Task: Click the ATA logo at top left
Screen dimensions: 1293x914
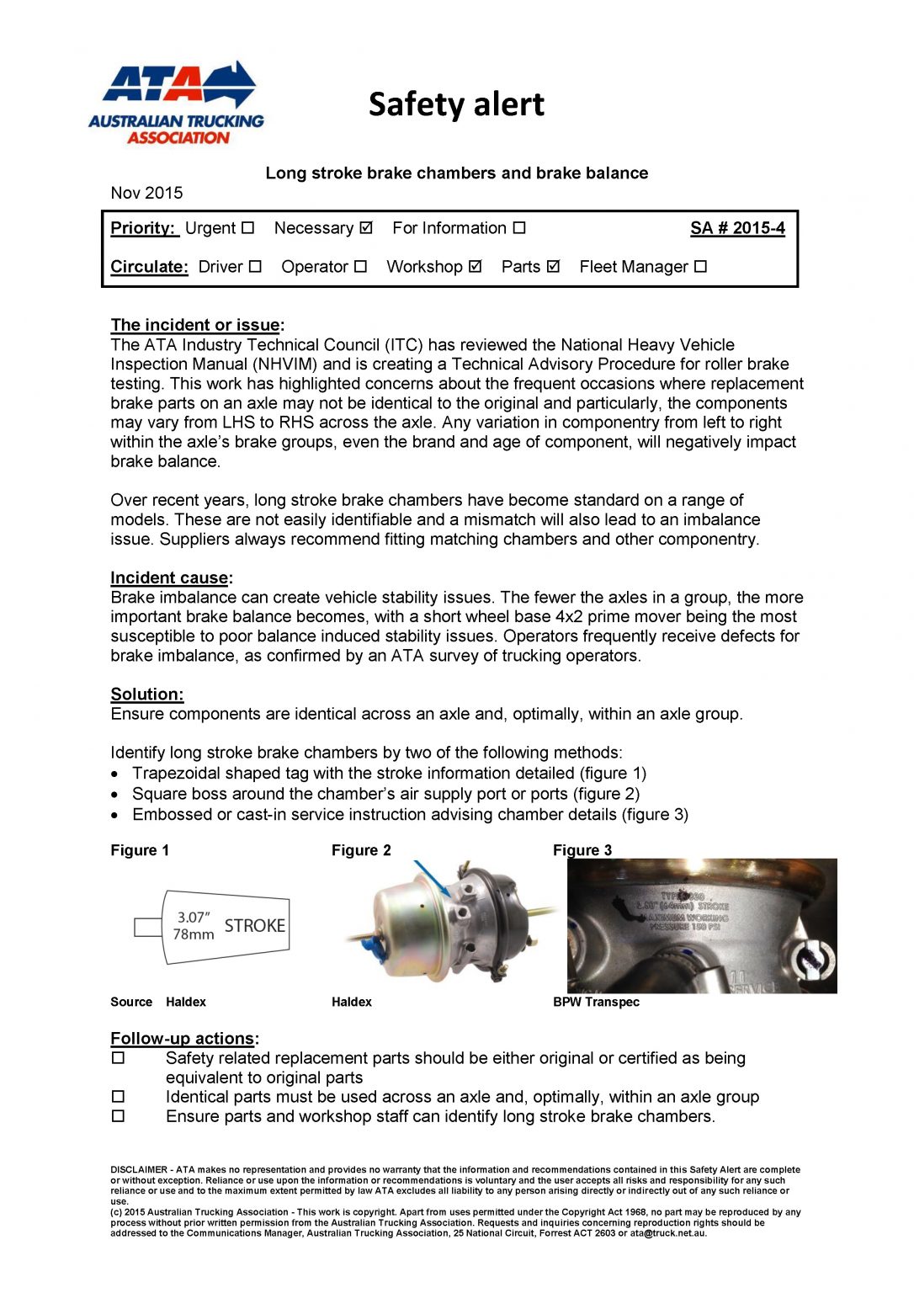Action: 176,103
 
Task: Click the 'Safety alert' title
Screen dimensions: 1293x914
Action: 456,104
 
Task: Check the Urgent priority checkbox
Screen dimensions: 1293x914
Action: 247,227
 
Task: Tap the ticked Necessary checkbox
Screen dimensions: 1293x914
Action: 365,227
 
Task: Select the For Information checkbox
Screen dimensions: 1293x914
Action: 519,227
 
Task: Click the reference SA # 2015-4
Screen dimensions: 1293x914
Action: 737,227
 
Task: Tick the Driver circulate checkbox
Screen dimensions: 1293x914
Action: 255,266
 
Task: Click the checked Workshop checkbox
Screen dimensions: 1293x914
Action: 475,266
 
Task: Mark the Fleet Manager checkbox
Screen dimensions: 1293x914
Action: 700,266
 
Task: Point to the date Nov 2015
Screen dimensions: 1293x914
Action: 146,193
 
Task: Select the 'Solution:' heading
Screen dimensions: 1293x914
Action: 147,694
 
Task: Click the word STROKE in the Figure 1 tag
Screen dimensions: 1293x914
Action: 254,926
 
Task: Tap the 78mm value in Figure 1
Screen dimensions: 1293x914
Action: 194,934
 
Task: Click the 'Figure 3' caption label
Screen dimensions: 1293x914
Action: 582,850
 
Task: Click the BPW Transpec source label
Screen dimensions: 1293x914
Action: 596,1002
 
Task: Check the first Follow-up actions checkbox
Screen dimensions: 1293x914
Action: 119,1057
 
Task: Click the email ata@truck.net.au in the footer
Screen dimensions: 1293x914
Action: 668,1233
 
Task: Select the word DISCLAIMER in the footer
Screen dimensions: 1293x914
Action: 139,1169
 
